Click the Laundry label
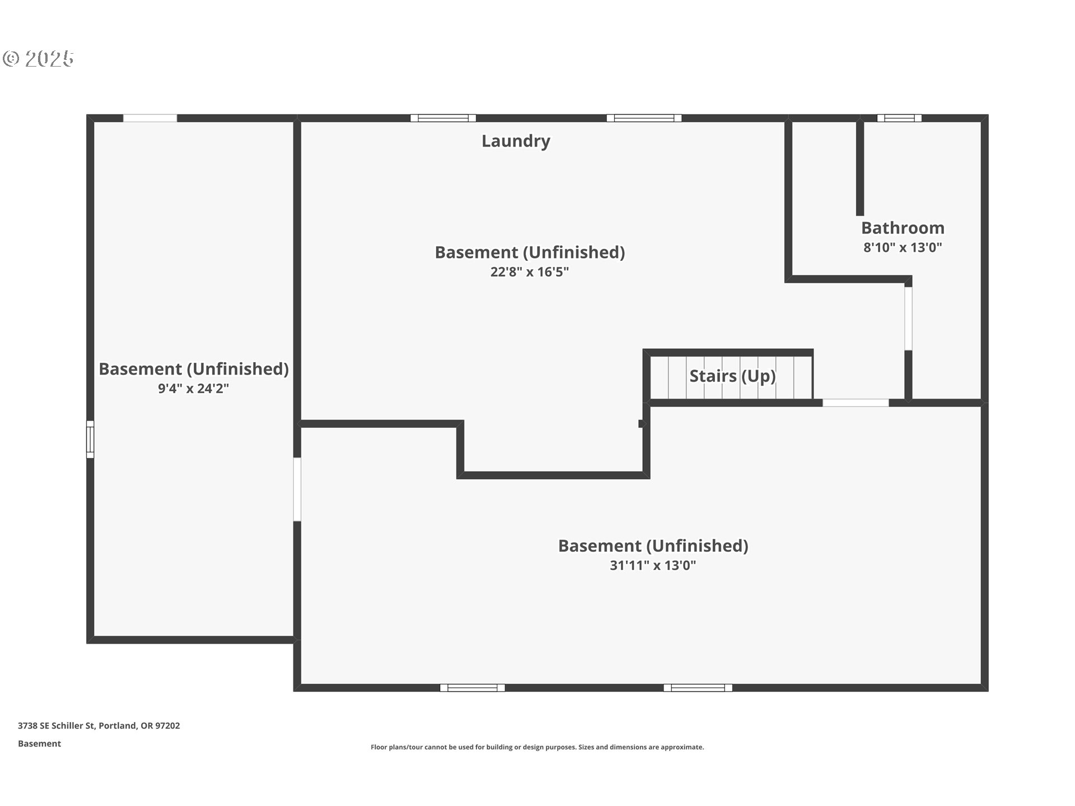[x=516, y=141]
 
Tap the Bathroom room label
[x=903, y=228]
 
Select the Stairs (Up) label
[x=732, y=376]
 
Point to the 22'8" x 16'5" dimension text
[x=530, y=271]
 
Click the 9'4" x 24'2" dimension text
[x=193, y=388]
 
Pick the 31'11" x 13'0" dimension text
[x=653, y=565]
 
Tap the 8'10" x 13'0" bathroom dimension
[x=903, y=247]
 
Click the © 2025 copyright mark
[x=38, y=58]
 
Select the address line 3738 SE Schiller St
[x=99, y=725]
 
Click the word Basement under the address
[x=39, y=743]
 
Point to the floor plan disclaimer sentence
[x=537, y=747]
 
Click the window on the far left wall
[x=90, y=439]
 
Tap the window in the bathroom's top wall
[x=899, y=118]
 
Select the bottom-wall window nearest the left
[x=472, y=688]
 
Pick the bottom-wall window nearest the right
[x=698, y=688]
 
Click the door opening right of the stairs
[x=856, y=402]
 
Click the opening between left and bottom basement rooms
[x=297, y=490]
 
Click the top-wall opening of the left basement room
[x=150, y=118]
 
